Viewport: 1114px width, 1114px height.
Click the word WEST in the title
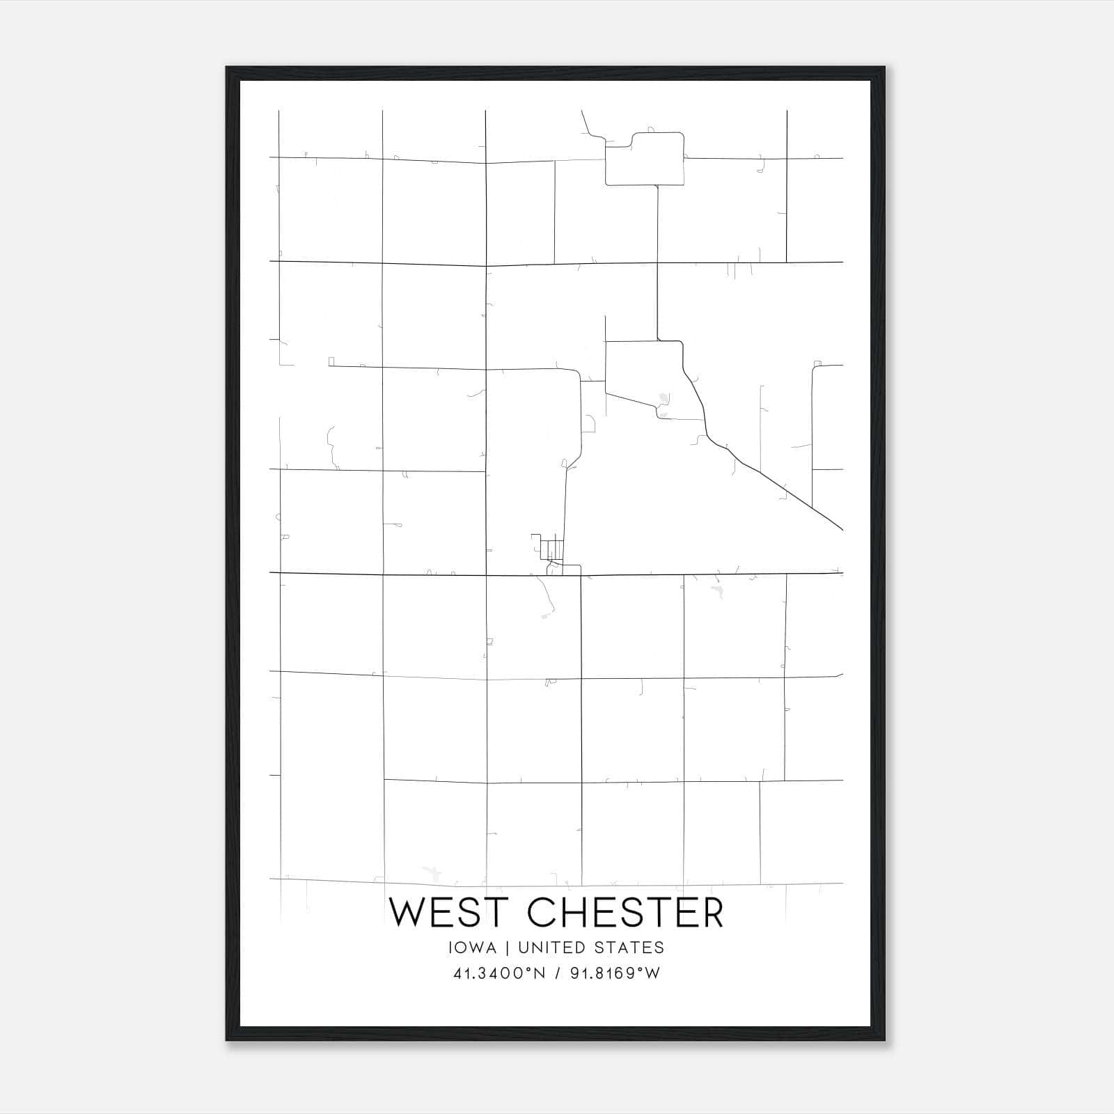(x=451, y=913)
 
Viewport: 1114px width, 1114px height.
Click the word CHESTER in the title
(x=626, y=913)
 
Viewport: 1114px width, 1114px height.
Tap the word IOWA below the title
(x=473, y=948)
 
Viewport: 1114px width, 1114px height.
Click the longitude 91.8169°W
(x=615, y=973)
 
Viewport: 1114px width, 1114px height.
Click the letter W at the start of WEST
(x=406, y=913)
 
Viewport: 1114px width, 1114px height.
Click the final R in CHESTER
(x=712, y=913)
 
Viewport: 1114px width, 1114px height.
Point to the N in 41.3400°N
(x=540, y=973)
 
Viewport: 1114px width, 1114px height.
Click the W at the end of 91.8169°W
(x=653, y=973)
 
